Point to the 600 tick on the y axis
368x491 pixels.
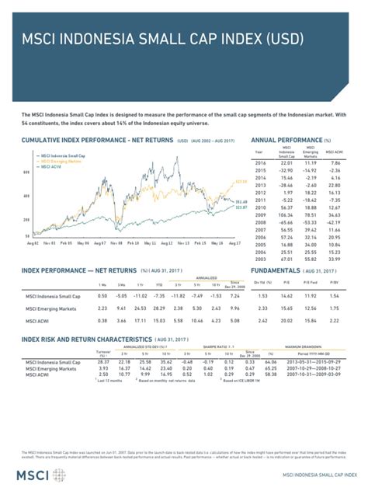26,172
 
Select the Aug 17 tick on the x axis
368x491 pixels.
233,243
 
